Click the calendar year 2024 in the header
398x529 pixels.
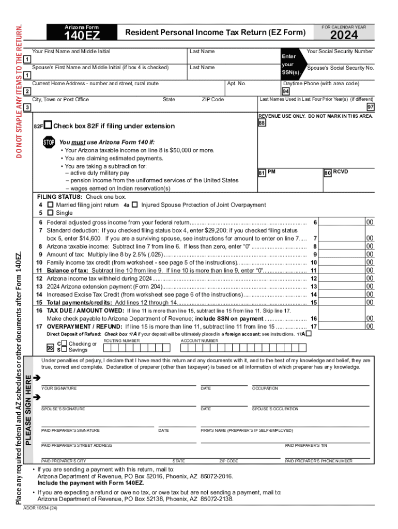click(x=344, y=35)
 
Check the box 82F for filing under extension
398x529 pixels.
click(x=48, y=125)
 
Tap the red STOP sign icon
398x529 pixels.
click(x=49, y=142)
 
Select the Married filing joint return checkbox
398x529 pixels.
click(x=50, y=205)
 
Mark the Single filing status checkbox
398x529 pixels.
click(x=50, y=212)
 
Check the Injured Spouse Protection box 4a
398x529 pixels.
click(x=134, y=205)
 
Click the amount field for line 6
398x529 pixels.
click(x=342, y=222)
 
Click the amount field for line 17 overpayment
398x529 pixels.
click(x=342, y=326)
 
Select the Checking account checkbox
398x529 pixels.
click(x=64, y=344)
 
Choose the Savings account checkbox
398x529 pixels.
click(x=64, y=350)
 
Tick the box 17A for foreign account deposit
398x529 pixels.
click(x=309, y=334)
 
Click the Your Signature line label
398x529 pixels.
click(x=59, y=388)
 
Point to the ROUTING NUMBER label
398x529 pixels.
click(x=121, y=341)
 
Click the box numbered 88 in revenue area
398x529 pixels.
click(x=262, y=124)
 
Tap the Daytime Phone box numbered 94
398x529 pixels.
click(x=286, y=91)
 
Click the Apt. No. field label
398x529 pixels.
click(x=237, y=84)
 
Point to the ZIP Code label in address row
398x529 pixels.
click(x=212, y=100)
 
